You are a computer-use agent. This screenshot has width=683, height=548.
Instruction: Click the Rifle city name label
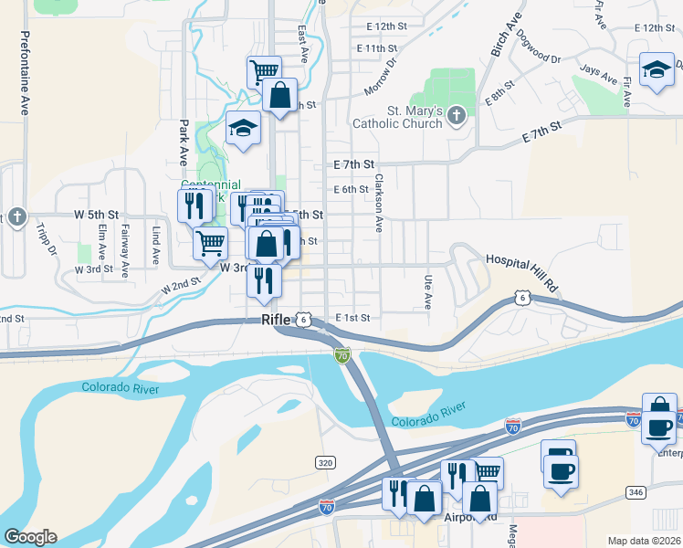[x=275, y=320]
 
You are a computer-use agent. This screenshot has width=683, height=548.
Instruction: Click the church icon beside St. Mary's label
[x=458, y=116]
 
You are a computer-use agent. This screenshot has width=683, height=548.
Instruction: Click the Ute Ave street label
[x=427, y=292]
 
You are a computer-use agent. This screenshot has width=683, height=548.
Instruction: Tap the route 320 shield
[x=325, y=463]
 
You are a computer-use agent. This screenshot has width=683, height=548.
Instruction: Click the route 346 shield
[x=636, y=492]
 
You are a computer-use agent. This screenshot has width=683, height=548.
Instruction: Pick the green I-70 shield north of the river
[x=342, y=354]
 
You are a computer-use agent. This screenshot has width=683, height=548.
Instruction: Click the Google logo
[x=30, y=537]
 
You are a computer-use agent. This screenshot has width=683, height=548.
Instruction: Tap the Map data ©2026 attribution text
[x=644, y=541]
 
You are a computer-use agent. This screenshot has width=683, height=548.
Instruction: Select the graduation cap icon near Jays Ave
[x=656, y=70]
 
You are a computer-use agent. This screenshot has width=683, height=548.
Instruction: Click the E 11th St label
[x=377, y=47]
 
